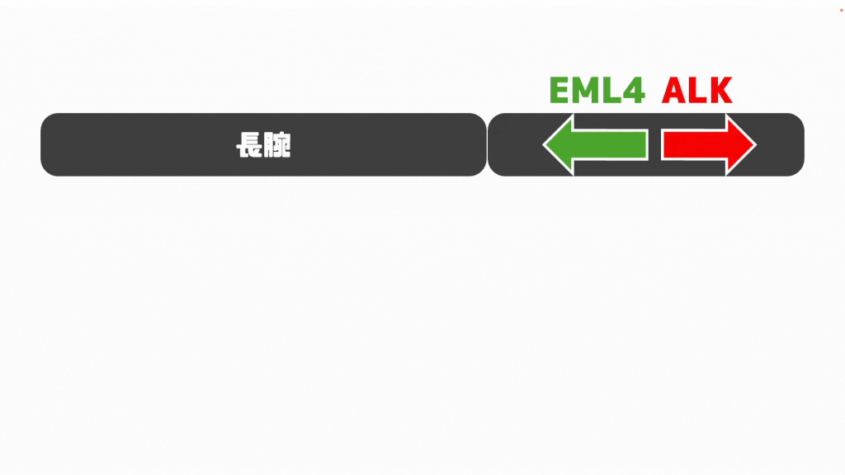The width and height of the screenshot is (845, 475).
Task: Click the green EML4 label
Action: pyautogui.click(x=597, y=90)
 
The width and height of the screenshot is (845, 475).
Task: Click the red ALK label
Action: pyautogui.click(x=696, y=90)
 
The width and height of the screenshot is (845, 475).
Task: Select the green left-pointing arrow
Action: pyautogui.click(x=596, y=144)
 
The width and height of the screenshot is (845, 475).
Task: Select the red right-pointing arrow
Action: pyautogui.click(x=709, y=144)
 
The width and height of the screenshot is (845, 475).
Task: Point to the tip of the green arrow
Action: pyautogui.click(x=543, y=144)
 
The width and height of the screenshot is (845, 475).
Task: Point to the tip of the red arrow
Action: pyautogui.click(x=757, y=144)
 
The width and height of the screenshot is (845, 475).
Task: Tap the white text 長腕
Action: pyautogui.click(x=263, y=145)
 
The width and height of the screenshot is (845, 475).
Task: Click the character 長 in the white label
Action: pyautogui.click(x=249, y=145)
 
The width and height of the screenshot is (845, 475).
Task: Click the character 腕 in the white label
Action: pyautogui.click(x=278, y=145)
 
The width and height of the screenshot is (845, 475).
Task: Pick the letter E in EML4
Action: pyautogui.click(x=559, y=90)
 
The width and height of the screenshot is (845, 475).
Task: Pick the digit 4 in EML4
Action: pyautogui.click(x=634, y=90)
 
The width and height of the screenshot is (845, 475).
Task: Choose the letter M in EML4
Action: pyautogui.click(x=585, y=90)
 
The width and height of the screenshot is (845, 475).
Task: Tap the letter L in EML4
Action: pyautogui.click(x=611, y=90)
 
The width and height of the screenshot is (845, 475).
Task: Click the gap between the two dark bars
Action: pyautogui.click(x=487, y=144)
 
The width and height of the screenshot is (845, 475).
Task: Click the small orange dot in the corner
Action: pyautogui.click(x=841, y=10)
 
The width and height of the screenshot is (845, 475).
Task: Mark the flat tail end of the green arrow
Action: pyautogui.click(x=648, y=144)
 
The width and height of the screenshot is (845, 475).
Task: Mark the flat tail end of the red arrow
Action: pyautogui.click(x=663, y=144)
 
